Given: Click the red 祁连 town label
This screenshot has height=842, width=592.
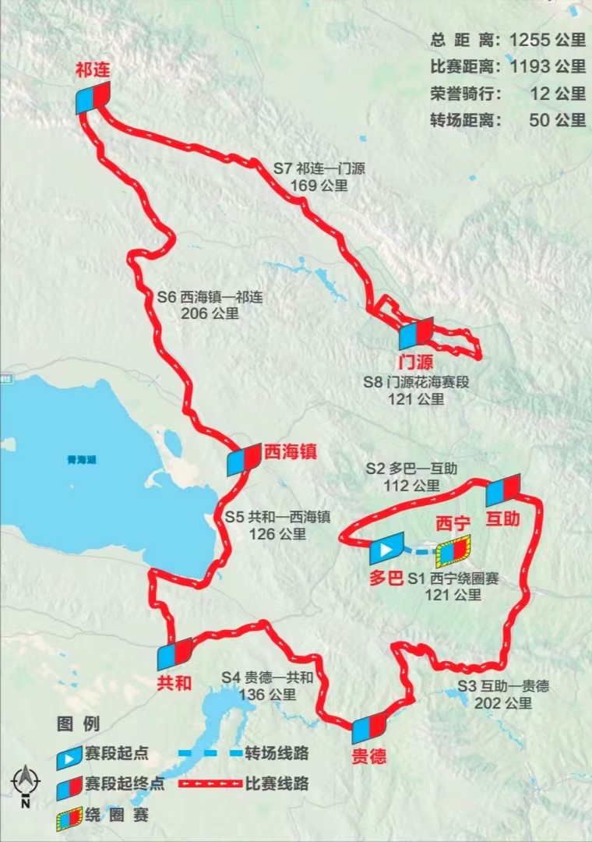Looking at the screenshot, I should (x=93, y=70).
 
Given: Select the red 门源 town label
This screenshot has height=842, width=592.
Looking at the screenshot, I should (x=414, y=363).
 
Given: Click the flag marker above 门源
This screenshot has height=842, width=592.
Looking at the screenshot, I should (x=415, y=334).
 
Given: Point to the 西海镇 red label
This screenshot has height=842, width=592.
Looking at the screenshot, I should (x=291, y=451).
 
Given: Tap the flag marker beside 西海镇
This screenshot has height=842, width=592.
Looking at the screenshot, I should (x=244, y=460).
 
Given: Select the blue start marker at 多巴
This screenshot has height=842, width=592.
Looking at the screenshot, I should (x=386, y=550).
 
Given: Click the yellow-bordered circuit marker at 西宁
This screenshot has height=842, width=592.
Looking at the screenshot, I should (x=454, y=550).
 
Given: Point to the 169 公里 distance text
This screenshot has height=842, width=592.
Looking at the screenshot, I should (x=319, y=186).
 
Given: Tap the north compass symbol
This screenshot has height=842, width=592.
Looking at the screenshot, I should (x=25, y=784).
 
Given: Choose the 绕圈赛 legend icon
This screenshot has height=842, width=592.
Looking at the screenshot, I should (x=70, y=816).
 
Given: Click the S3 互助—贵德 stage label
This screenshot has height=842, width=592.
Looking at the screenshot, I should (x=503, y=686).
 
